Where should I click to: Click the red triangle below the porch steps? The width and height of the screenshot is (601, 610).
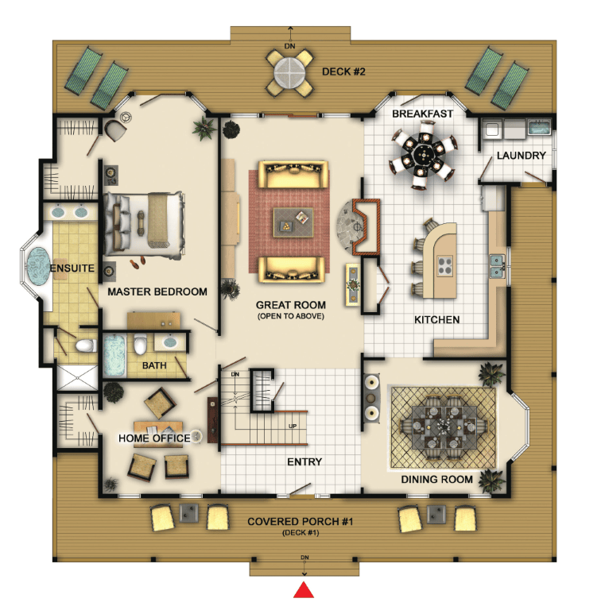tap(304, 590)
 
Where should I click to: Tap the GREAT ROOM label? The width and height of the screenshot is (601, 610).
tap(291, 305)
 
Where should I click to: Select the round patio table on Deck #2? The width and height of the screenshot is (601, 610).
tap(289, 72)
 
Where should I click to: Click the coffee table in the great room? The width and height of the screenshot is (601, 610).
tap(293, 222)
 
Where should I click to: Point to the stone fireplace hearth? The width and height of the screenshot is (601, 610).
tap(351, 226)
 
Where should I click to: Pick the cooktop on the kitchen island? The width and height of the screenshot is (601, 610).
tap(445, 266)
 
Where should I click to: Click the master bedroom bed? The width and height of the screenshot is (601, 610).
tap(144, 225)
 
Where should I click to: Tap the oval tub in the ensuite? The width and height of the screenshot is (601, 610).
tap(38, 266)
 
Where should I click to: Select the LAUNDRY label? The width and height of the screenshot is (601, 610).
tap(522, 156)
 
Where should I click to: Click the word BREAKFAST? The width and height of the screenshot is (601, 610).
tap(422, 114)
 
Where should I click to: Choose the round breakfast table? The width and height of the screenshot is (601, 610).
tap(422, 154)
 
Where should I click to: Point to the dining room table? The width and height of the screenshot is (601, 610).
tap(444, 427)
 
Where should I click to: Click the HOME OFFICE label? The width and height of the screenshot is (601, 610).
tap(154, 438)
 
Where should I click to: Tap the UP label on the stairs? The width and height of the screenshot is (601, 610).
tap(293, 426)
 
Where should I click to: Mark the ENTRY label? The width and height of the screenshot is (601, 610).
tap(304, 461)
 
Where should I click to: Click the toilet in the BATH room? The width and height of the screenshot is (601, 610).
tap(140, 343)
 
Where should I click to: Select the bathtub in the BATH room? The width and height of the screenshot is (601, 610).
tap(114, 356)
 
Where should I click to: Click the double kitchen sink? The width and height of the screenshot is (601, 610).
tap(497, 266)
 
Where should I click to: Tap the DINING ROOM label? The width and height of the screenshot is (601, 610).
tap(436, 479)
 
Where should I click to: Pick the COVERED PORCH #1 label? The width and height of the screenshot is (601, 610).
tap(300, 521)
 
